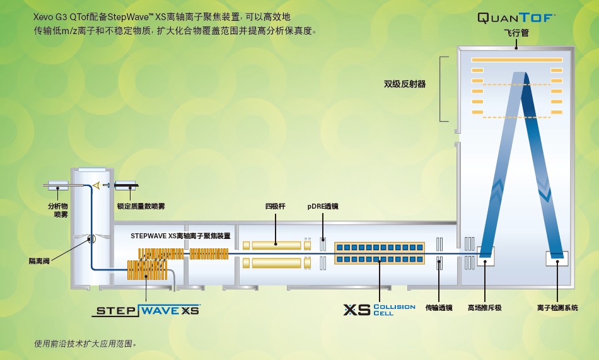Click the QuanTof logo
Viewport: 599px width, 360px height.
coord(516,18)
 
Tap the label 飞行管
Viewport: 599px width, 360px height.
coord(516,34)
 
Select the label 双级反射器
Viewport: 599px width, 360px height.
coord(405,83)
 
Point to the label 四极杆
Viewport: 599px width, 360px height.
coord(275,206)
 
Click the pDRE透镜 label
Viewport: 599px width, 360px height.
coord(323,206)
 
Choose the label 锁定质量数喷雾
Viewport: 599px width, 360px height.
coord(141,206)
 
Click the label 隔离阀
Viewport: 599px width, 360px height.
coord(39,260)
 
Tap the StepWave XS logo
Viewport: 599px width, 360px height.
coord(147,310)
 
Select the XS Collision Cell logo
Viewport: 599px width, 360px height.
coord(379,310)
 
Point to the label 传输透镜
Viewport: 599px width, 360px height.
coord(439,308)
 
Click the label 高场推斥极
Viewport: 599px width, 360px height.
coord(484,308)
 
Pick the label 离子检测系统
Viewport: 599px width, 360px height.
coord(557,308)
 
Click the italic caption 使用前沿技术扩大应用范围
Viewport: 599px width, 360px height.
coord(85,344)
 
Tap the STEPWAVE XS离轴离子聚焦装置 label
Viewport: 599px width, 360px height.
coord(180,235)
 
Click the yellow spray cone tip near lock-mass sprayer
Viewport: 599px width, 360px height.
coord(96,185)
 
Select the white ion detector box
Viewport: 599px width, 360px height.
coord(557,257)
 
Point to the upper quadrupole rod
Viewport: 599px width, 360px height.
coord(276,244)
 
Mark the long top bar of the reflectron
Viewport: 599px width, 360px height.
coord(516,60)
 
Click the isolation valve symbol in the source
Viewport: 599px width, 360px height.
coord(91,239)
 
